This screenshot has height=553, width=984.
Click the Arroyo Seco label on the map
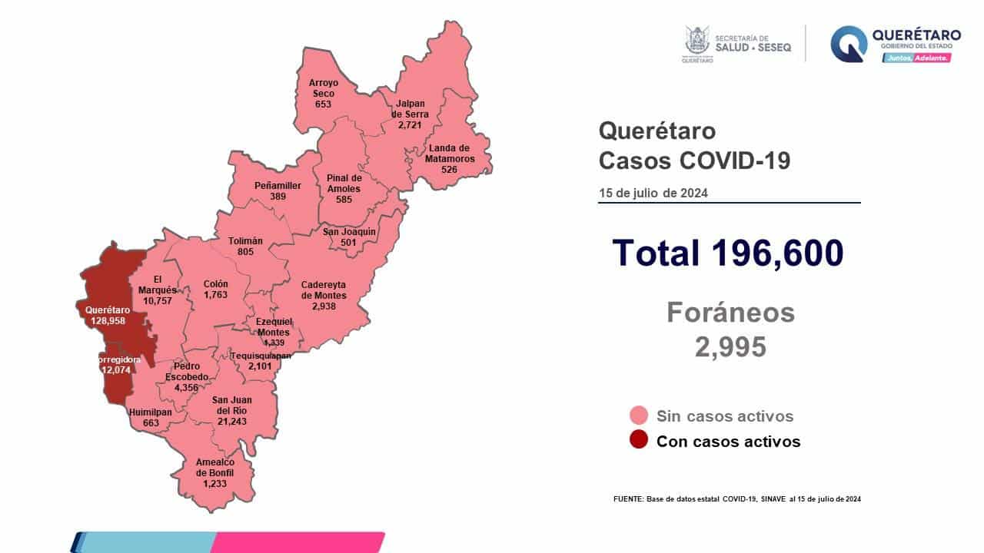pos(324,88)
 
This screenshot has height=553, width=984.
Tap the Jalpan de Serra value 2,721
pos(413,124)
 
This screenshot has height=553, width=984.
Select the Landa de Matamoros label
pos(450,154)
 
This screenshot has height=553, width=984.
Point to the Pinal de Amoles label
pos(343,183)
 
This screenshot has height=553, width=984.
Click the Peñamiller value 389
pos(278,197)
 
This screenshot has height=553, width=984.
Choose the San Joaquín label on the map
pos(349,231)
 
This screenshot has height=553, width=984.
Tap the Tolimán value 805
pos(245,251)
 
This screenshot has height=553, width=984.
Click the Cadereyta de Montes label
pos(324,290)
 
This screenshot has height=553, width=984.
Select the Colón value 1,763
pos(215,294)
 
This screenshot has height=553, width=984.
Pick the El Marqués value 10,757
pos(158,300)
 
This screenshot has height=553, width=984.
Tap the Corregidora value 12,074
pos(118,369)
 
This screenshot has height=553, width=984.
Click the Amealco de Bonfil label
pos(214,467)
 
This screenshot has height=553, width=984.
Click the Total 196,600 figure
pos(728,253)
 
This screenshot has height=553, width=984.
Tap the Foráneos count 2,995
pos(730,347)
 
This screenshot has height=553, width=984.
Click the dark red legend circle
pos(637,441)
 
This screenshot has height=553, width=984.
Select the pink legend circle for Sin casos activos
pos(637,416)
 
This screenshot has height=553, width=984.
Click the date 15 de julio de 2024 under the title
pos(653,193)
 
